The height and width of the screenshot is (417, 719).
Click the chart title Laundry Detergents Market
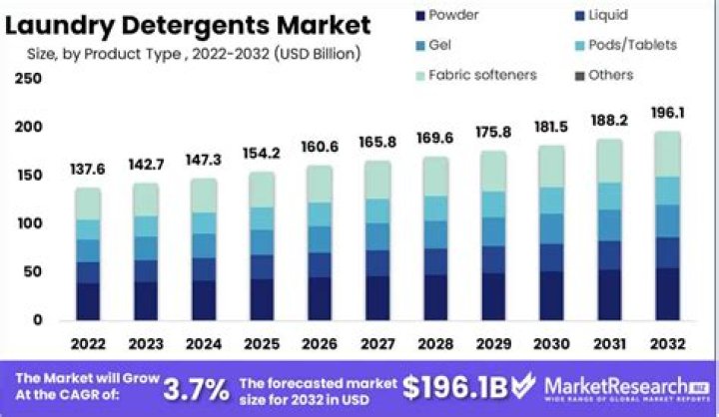coord(188,24)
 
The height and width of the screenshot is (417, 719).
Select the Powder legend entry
coord(453,15)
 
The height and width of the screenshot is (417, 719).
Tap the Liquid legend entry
coord(608,15)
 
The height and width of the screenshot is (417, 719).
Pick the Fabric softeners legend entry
coord(482,75)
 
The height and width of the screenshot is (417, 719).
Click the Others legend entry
coord(610,75)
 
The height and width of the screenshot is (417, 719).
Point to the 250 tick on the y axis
coord(29,79)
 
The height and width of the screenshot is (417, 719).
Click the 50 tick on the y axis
coord(33,272)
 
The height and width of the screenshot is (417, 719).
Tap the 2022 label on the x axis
coord(88,344)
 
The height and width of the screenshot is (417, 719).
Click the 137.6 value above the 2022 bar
coord(88,170)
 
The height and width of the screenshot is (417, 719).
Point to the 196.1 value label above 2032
coord(667,112)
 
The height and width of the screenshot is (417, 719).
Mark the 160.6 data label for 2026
coord(321,147)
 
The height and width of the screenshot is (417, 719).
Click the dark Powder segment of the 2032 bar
coord(667,293)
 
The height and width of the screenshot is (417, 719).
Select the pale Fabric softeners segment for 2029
coord(494,171)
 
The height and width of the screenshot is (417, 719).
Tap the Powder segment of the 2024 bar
coord(204,300)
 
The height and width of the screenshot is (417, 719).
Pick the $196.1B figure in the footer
coord(468,387)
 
